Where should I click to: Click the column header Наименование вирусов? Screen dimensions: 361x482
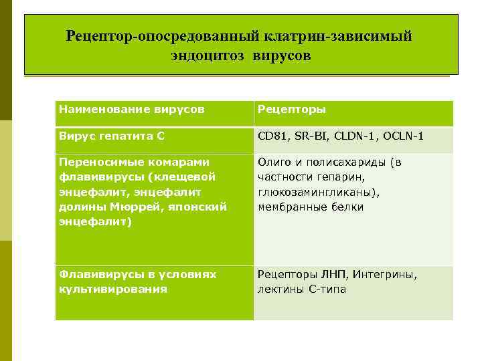[x=131, y=109]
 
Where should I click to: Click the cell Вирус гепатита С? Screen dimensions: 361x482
[x=111, y=136]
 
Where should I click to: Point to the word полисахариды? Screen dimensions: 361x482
[x=348, y=162]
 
